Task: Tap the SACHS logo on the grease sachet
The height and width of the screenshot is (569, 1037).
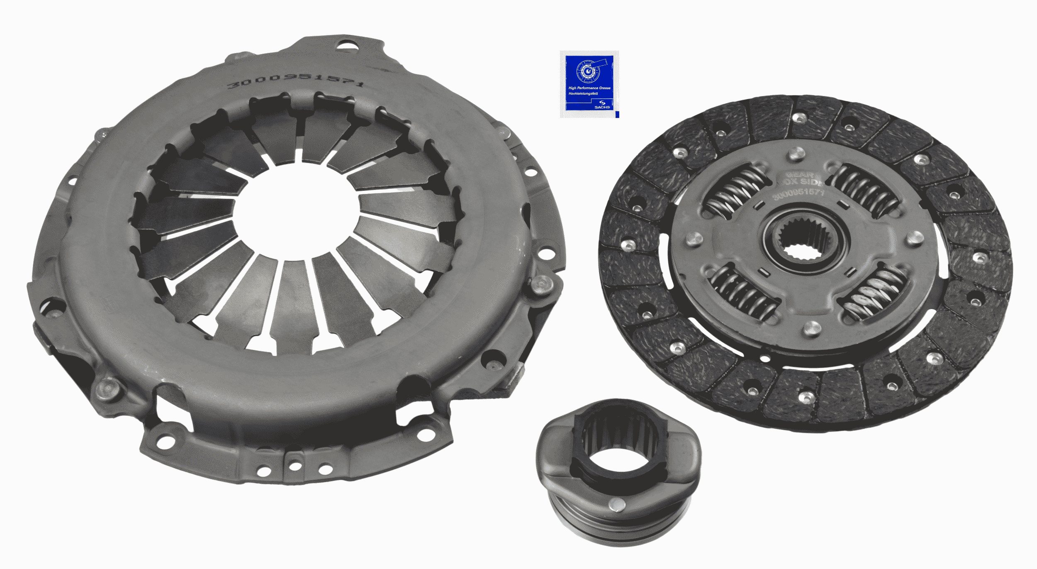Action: tap(602, 105)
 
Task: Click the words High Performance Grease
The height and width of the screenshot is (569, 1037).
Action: tap(589, 88)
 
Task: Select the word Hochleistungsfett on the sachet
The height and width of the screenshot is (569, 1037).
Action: tap(583, 94)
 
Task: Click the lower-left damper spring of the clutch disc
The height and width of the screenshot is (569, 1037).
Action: tap(745, 293)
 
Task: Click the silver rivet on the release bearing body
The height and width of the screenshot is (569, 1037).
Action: tap(616, 504)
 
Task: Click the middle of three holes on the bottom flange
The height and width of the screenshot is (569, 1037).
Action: tap(295, 466)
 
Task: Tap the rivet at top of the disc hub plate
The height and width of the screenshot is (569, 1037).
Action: tap(794, 156)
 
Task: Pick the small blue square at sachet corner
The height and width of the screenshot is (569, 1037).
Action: tap(617, 114)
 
